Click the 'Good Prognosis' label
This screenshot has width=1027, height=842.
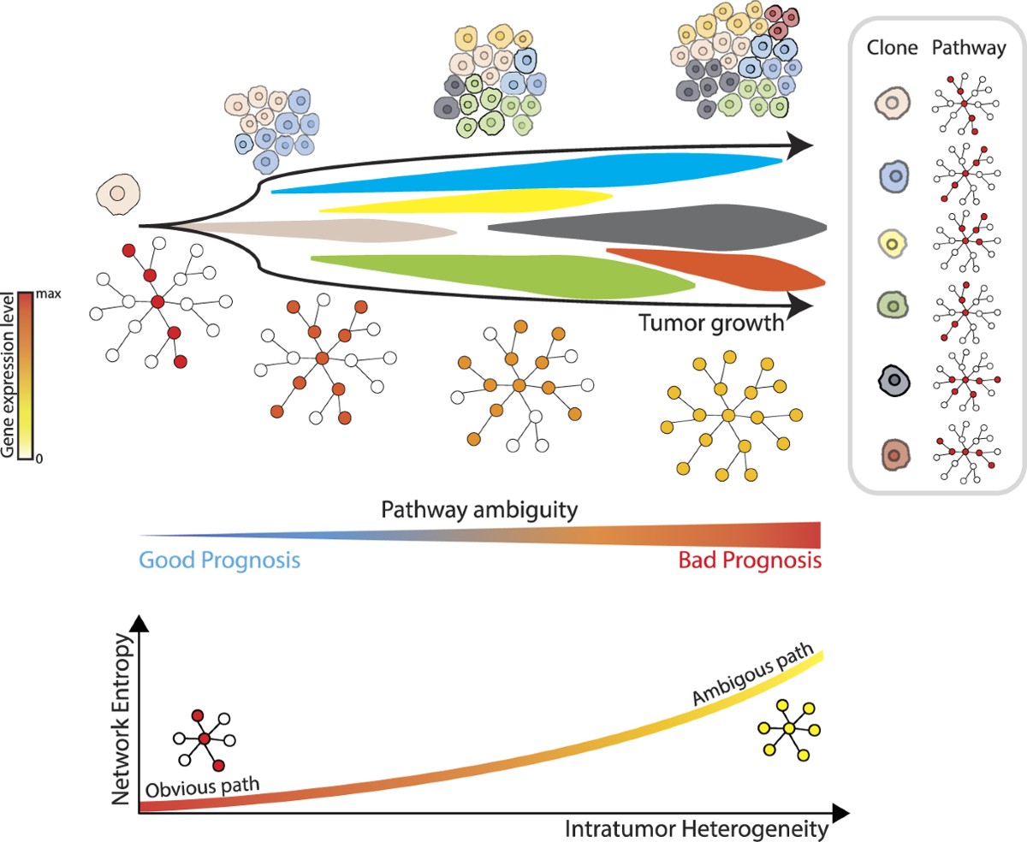tap(219, 561)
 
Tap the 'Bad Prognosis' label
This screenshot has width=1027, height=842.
tap(750, 561)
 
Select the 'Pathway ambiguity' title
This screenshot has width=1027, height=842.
tap(479, 510)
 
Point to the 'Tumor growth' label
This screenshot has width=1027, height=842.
tap(710, 323)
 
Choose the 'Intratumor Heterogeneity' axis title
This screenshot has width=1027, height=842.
tap(697, 828)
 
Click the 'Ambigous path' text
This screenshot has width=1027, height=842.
tap(747, 681)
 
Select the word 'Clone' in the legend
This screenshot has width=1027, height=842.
tap(893, 48)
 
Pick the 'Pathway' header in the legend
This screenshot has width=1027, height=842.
tap(967, 48)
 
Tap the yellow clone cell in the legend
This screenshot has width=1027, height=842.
tap(893, 244)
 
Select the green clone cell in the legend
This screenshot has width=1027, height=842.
tap(893, 305)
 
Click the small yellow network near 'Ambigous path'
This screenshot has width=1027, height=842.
tap(789, 729)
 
